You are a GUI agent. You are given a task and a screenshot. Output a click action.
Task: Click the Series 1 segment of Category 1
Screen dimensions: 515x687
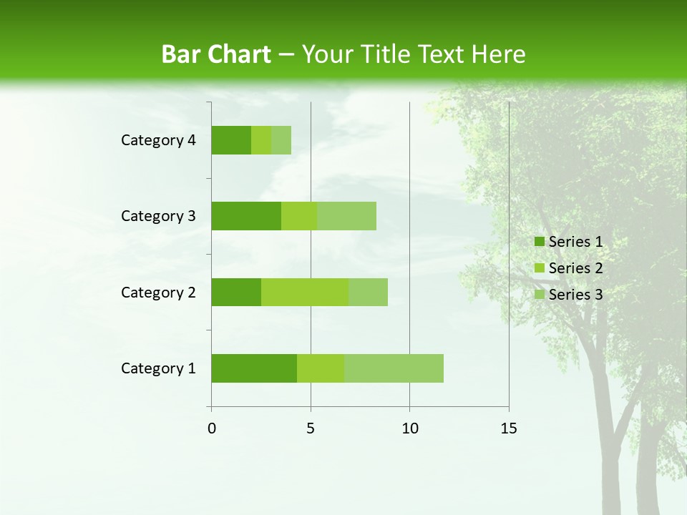(254, 368)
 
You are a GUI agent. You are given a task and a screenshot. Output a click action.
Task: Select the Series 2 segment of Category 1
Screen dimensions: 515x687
(321, 368)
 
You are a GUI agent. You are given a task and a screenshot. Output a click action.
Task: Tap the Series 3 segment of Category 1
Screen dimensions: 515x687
(394, 368)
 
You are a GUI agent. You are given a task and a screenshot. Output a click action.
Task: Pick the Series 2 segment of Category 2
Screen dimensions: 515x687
(305, 292)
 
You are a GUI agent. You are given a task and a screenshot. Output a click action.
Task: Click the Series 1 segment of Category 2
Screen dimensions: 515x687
(236, 292)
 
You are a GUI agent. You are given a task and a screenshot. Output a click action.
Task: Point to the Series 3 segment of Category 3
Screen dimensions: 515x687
(346, 216)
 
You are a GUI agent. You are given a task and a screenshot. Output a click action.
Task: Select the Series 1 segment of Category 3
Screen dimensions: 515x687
(246, 216)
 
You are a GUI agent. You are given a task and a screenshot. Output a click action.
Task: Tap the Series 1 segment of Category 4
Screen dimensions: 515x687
(231, 140)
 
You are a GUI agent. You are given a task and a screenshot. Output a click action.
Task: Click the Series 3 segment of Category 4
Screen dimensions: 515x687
(281, 140)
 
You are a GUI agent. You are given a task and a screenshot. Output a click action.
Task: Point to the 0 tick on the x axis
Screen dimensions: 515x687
(212, 428)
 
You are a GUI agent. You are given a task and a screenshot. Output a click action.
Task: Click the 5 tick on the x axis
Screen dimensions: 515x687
(311, 428)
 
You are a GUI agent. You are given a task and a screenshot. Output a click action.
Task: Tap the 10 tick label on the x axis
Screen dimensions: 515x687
(409, 428)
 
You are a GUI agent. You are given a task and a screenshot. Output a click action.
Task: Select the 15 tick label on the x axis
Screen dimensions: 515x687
(509, 428)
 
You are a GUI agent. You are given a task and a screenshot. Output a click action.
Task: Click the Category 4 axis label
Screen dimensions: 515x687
(158, 140)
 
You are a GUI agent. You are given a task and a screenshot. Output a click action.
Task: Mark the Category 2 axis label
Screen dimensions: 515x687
(158, 292)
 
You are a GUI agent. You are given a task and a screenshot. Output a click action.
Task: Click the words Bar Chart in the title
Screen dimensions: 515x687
(216, 54)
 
